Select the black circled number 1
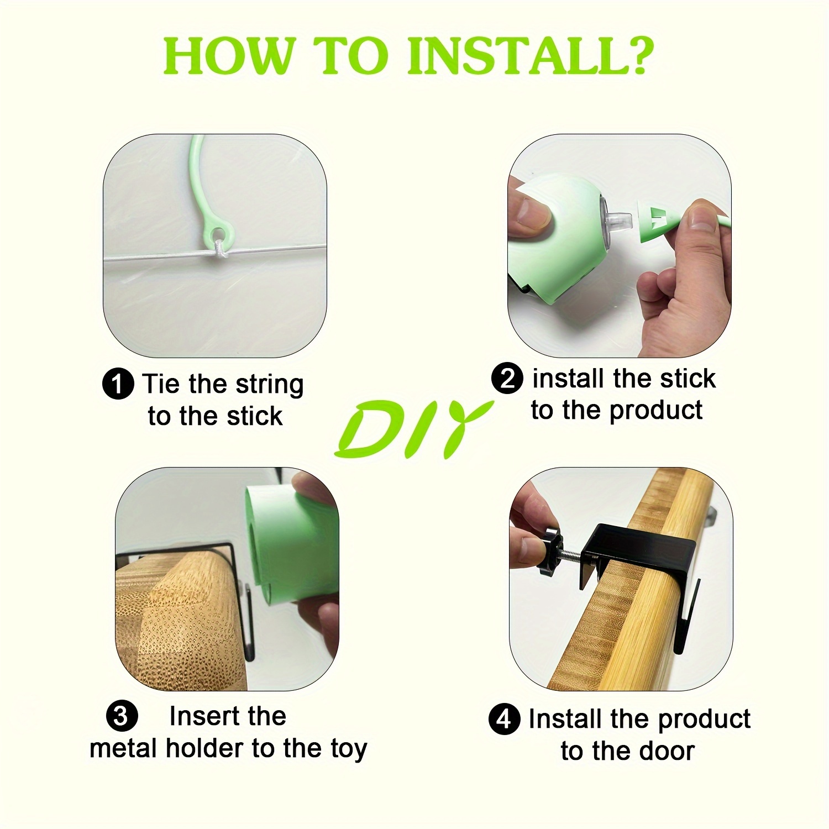coord(118,384)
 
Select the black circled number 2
coord(507,379)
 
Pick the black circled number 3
coord(120,717)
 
